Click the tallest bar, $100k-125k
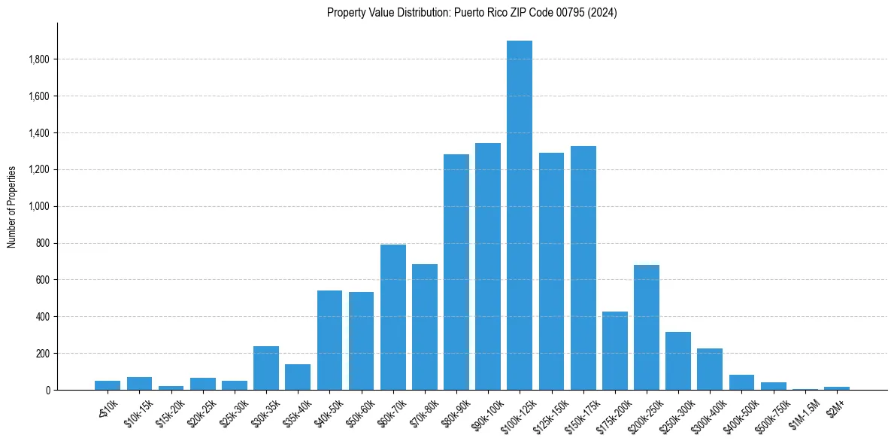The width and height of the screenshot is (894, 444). point(520,215)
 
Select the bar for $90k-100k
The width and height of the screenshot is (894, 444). point(488,266)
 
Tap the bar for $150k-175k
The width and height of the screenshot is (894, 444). point(583,268)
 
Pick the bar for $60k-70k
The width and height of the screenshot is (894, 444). point(392,317)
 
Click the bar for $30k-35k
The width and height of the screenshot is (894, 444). point(266,368)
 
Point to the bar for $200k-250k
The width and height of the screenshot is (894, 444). point(647,327)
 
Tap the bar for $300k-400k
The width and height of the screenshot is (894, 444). point(710,369)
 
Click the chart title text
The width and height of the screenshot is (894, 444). point(471,13)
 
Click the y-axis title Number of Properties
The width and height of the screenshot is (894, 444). point(12,206)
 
